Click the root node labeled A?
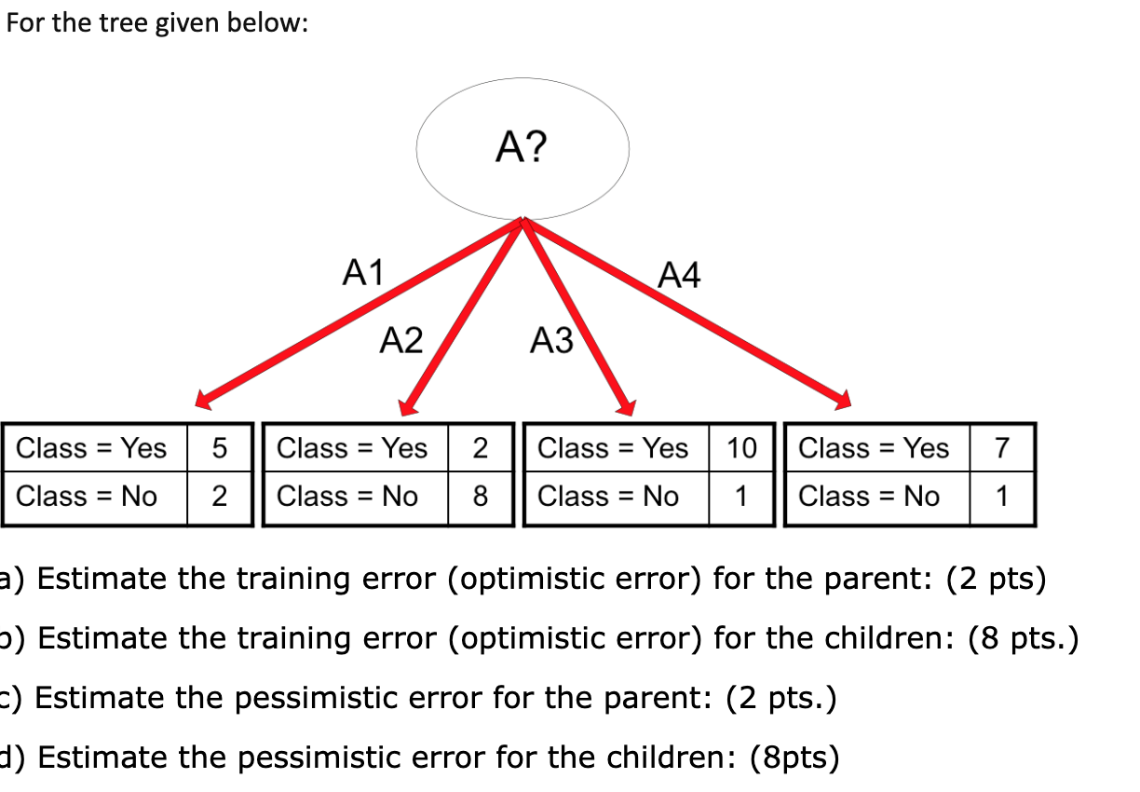point(522,149)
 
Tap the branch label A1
point(363,272)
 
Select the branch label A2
point(401,340)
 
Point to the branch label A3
point(551,340)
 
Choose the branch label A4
point(679,275)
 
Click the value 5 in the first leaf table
point(220,448)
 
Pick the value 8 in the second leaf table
point(481,496)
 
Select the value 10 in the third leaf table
point(741,448)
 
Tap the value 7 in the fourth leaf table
point(1002,448)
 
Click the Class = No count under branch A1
point(220,496)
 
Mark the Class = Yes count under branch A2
point(481,448)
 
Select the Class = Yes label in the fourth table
point(874,448)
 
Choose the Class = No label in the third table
point(607,497)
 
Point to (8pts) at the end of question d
point(794,758)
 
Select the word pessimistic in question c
point(317,698)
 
